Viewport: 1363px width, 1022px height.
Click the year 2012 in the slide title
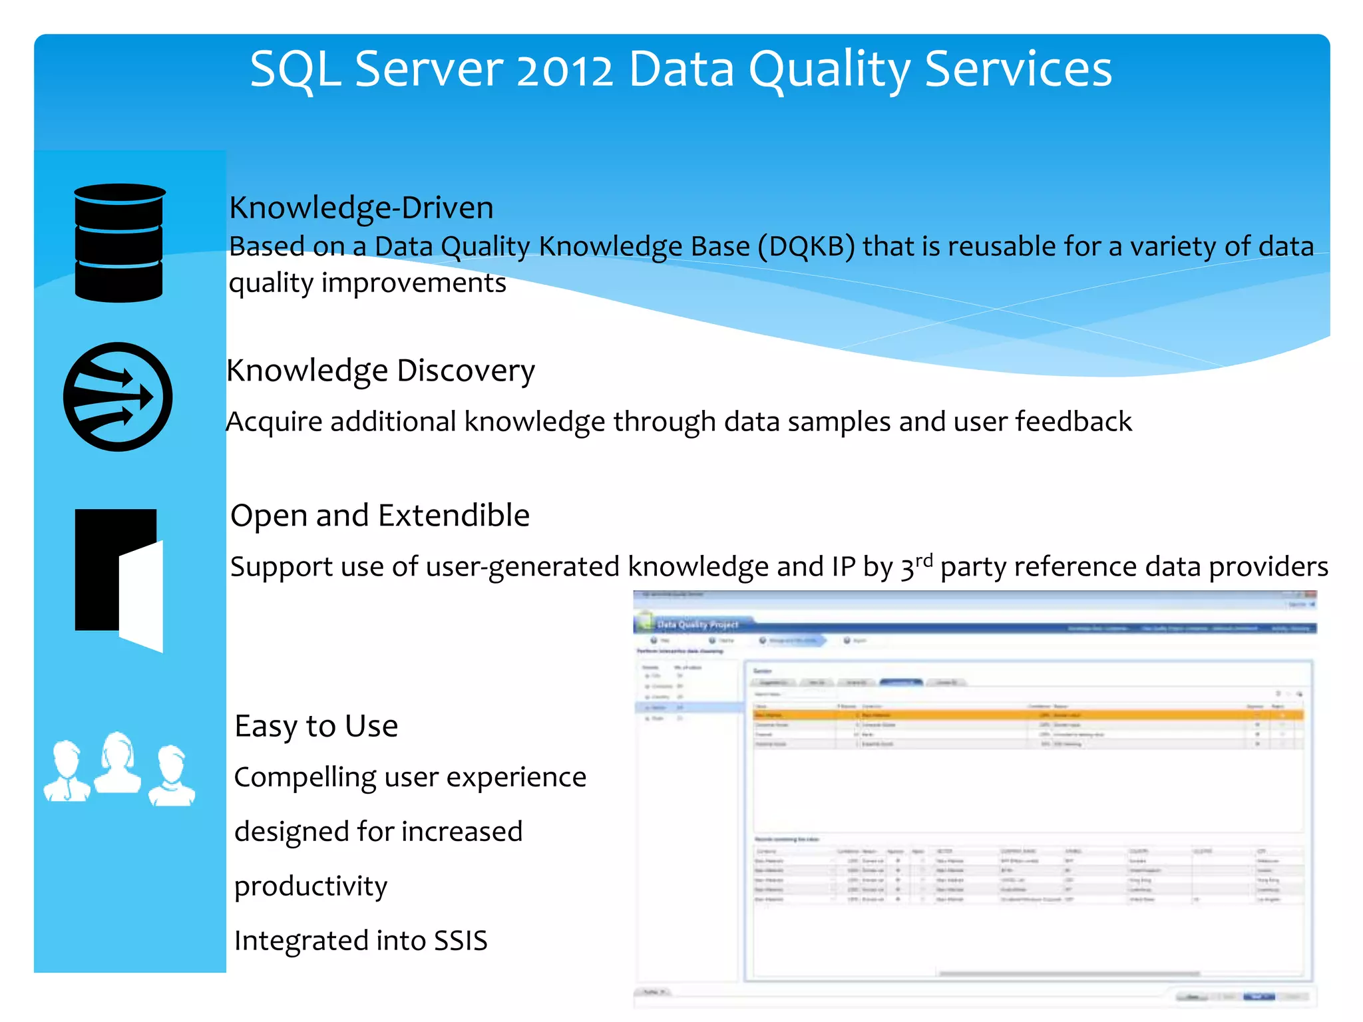[x=564, y=69]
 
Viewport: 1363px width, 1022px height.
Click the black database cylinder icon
[x=119, y=243]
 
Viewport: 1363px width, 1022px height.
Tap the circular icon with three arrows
[x=118, y=397]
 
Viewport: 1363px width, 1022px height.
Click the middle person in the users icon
[x=118, y=763]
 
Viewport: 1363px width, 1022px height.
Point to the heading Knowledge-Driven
[x=361, y=208]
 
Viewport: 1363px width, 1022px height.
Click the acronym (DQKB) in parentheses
[x=805, y=246]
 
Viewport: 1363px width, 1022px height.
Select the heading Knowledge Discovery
[x=380, y=371]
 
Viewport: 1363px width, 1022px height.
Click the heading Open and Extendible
[x=379, y=516]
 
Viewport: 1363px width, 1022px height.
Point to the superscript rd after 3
[x=924, y=560]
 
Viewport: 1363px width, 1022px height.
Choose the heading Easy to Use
[x=316, y=726]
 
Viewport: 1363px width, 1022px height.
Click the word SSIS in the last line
[x=461, y=941]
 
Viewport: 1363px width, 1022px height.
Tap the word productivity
[x=311, y=886]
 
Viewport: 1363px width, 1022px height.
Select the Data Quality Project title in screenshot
[x=697, y=625]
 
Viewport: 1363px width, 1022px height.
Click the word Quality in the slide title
[x=829, y=69]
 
